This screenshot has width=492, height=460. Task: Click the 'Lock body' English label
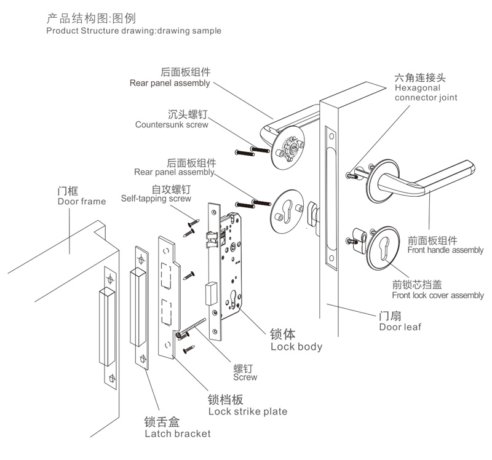296,347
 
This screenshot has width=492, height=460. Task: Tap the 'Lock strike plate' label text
247,411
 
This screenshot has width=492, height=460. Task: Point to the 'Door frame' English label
81,201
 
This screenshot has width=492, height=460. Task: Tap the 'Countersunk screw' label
172,125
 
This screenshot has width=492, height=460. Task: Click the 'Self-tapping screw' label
156,199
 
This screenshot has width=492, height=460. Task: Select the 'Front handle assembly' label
445,250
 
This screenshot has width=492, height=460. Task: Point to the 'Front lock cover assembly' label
438,295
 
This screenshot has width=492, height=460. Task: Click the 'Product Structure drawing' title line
133,30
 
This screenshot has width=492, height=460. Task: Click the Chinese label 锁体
283,335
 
